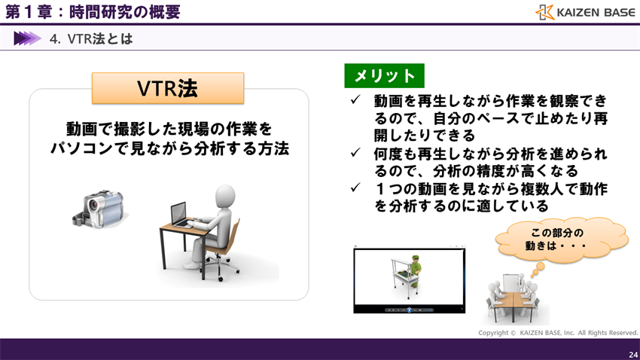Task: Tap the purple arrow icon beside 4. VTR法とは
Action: [26, 38]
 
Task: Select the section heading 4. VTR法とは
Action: [90, 38]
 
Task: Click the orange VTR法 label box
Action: [167, 88]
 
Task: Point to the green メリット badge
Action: [384, 75]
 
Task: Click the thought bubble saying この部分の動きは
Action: [561, 239]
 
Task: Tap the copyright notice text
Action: [557, 333]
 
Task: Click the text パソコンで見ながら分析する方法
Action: [169, 148]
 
